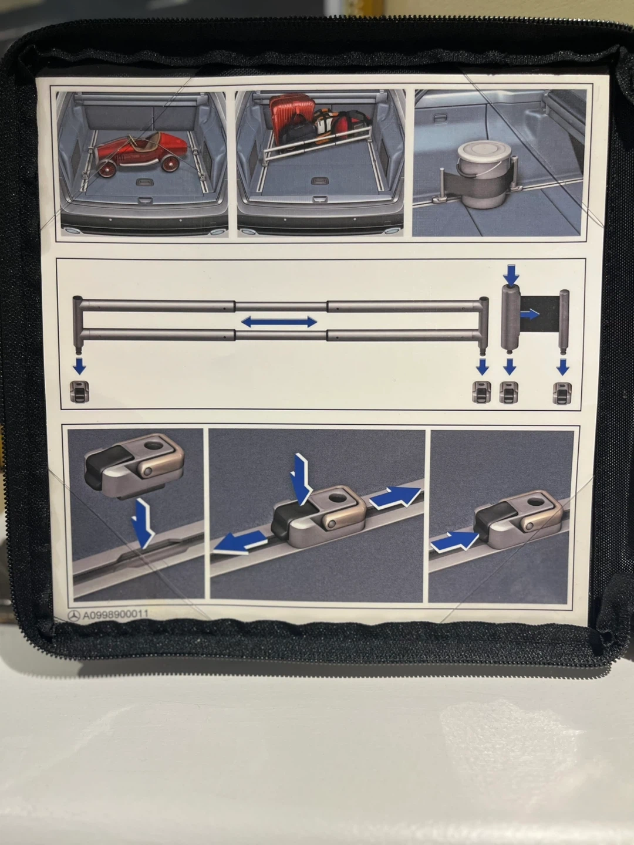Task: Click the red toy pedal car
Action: tap(141, 153)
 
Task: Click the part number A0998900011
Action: tap(116, 614)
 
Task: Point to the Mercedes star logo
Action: tap(74, 615)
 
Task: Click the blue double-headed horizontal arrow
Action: tap(279, 322)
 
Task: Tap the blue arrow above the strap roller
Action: tap(511, 275)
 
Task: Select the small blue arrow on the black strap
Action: tap(530, 315)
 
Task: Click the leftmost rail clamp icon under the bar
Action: tap(80, 392)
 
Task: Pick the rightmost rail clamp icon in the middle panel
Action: tap(562, 393)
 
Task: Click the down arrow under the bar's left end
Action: tap(79, 366)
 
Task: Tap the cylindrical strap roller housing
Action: tap(511, 317)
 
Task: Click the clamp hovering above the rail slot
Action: tap(134, 466)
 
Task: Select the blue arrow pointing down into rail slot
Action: tap(143, 523)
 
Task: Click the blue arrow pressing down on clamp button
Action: tap(301, 479)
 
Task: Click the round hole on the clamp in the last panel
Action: tap(534, 502)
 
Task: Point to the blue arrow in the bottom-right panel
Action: tap(454, 541)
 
